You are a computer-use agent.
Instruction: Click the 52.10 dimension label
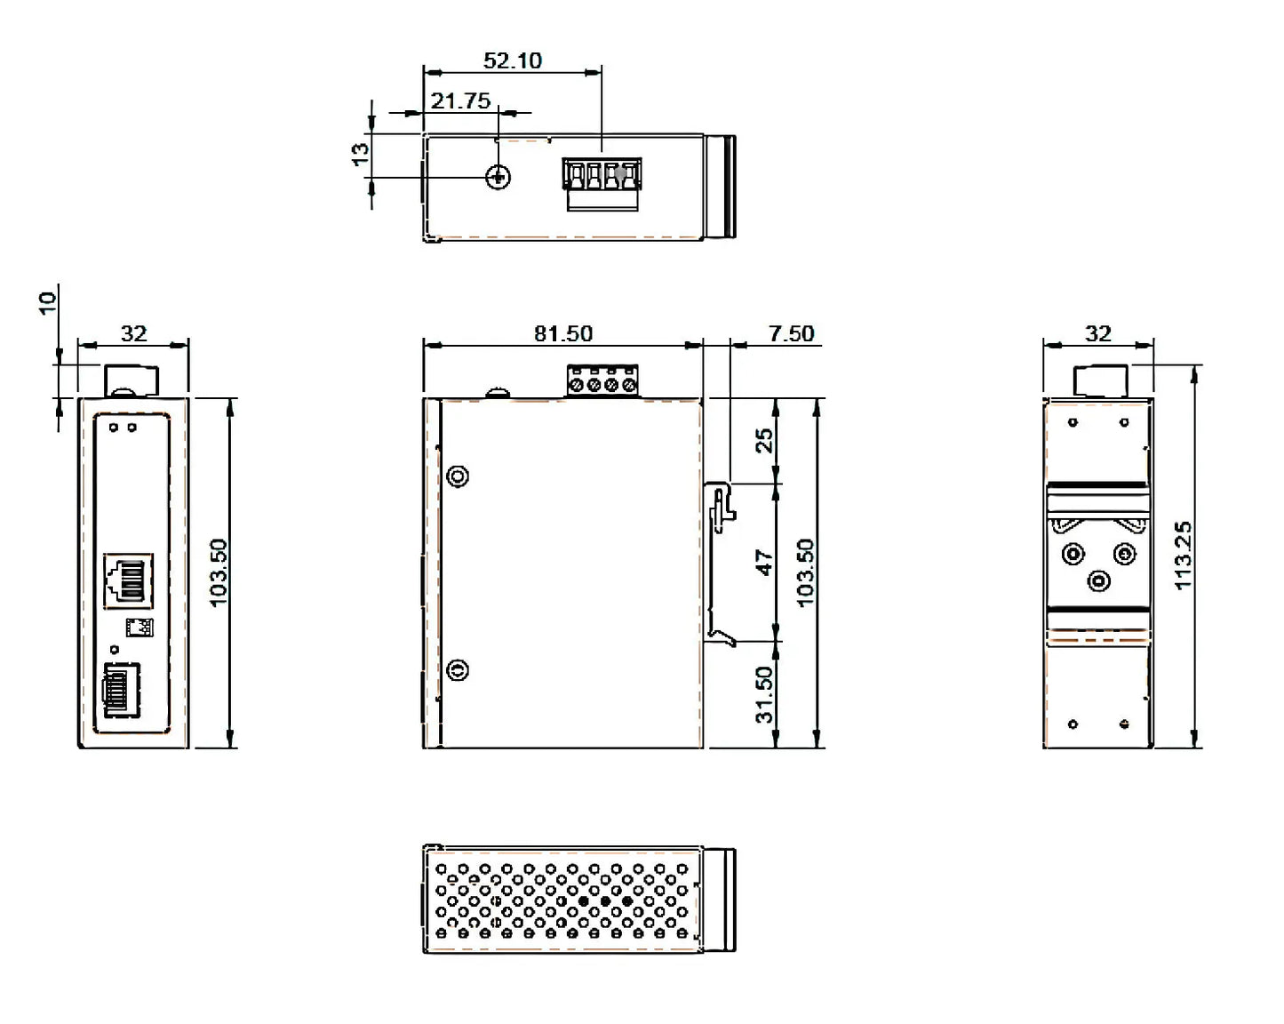(x=512, y=60)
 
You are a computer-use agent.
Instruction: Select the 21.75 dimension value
(x=460, y=100)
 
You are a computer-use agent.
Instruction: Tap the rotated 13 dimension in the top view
(x=360, y=153)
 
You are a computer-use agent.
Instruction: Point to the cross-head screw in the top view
(x=499, y=177)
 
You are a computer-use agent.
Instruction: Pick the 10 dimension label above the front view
(x=48, y=301)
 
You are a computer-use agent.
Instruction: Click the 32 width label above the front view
(x=133, y=333)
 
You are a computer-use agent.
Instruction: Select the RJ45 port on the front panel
(x=128, y=580)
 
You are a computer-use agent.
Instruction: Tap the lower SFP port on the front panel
(x=122, y=690)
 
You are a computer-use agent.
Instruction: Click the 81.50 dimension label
(x=562, y=333)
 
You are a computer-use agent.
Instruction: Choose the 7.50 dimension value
(x=791, y=333)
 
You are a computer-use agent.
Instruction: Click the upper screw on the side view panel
(x=459, y=476)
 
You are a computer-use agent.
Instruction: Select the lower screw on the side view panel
(x=459, y=669)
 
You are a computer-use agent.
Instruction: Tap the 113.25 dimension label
(x=1183, y=555)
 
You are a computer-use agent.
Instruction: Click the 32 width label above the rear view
(x=1098, y=333)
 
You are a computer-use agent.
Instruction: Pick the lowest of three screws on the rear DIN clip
(x=1099, y=581)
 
